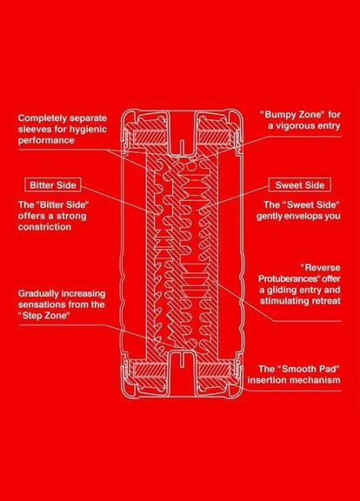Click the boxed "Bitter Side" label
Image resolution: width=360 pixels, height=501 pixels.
pos(53,185)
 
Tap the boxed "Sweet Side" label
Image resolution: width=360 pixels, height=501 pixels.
pos(300,185)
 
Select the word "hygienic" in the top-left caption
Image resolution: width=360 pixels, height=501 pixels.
pos(89,130)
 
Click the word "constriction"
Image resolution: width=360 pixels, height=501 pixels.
pos(44,227)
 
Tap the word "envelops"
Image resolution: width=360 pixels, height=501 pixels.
pos(298,216)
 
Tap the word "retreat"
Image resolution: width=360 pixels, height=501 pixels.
pos(326,301)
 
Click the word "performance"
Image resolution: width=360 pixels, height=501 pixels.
pos(46,141)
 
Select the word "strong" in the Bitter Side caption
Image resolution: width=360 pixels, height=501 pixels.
pos(71,216)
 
